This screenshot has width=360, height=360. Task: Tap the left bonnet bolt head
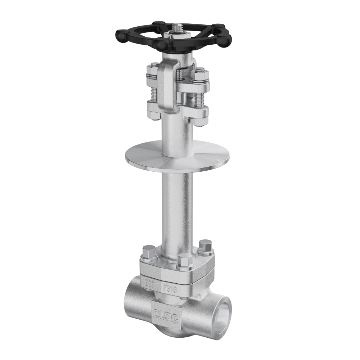[149, 251]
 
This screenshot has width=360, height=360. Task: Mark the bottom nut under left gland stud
[153, 115]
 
